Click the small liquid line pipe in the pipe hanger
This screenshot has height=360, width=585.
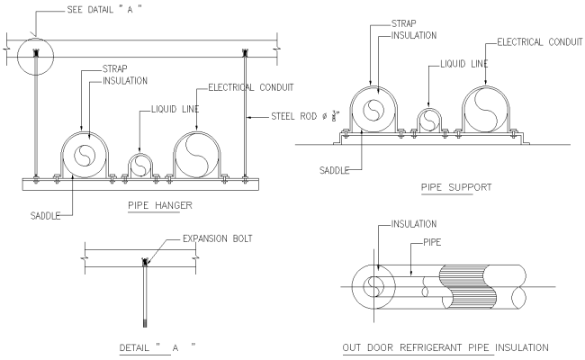click(x=139, y=165)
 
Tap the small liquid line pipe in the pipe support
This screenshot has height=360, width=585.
click(x=427, y=116)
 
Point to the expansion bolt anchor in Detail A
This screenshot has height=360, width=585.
click(x=144, y=262)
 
